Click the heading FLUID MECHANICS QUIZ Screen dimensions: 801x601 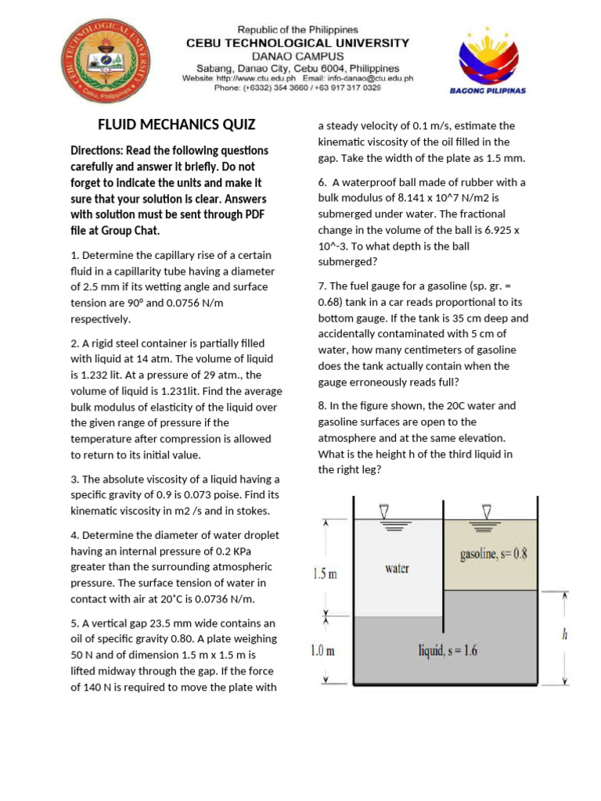(176, 124)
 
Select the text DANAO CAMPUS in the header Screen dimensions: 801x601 (297, 56)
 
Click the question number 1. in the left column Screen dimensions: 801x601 (75, 255)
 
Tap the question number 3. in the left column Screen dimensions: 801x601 (75, 479)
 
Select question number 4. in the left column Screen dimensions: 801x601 (75, 535)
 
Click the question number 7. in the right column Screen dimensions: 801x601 (322, 286)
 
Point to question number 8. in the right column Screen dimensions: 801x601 (322, 406)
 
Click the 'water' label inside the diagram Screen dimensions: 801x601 (397, 569)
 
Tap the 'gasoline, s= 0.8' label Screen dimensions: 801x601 (493, 554)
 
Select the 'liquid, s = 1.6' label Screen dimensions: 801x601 (448, 651)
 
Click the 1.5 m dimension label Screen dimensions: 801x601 (325, 573)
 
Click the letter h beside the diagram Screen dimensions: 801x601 (564, 635)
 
